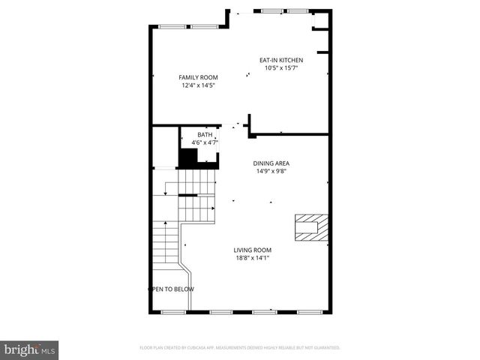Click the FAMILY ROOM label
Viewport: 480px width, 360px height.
(x=198, y=77)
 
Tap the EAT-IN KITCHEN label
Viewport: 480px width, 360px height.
(x=281, y=60)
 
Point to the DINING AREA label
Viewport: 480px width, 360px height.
(x=271, y=163)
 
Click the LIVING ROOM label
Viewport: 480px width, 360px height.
(x=252, y=250)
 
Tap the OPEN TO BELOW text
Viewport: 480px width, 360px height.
(x=171, y=289)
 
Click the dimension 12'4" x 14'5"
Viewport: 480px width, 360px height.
(x=198, y=85)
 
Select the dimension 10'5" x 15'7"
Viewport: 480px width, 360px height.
(x=281, y=68)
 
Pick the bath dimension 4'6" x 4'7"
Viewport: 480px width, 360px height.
(x=205, y=142)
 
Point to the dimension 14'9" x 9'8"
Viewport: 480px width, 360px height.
(x=271, y=171)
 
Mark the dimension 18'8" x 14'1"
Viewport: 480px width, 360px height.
(x=252, y=258)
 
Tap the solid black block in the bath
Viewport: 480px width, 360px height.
(x=187, y=157)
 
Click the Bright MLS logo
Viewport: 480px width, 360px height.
(x=30, y=349)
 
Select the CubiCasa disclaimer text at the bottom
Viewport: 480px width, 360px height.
(x=240, y=348)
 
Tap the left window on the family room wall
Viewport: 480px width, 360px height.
(x=172, y=27)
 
